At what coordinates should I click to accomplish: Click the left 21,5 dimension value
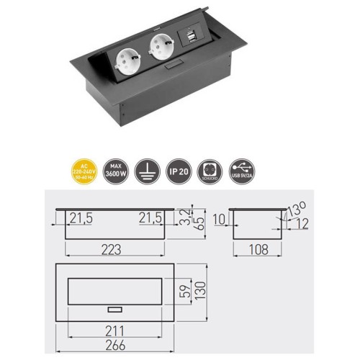[81, 217]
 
